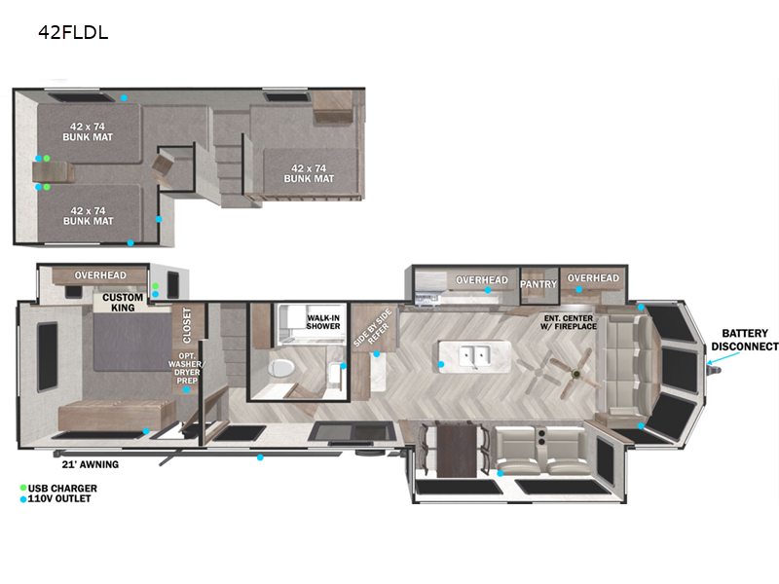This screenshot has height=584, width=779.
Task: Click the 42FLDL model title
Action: [x=73, y=32]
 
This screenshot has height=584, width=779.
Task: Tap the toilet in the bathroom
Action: [x=281, y=368]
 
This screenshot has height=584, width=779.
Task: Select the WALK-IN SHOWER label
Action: [x=323, y=322]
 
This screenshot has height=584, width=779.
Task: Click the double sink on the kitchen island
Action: [x=474, y=355]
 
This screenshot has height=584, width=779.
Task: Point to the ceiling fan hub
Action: [x=576, y=374]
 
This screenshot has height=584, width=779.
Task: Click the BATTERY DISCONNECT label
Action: [x=745, y=340]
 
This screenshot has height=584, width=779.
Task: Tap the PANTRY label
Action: [x=538, y=284]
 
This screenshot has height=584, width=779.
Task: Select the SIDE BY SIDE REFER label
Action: [x=374, y=328]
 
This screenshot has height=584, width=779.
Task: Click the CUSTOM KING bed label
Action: [x=123, y=303]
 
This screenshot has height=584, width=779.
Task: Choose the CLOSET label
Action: [x=187, y=325]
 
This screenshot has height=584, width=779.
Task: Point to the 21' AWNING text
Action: [x=91, y=465]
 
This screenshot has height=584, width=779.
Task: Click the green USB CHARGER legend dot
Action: [x=23, y=488]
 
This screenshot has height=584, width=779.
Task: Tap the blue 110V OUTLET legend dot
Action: [x=23, y=499]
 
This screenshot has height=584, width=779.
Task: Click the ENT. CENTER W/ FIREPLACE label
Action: [x=569, y=322]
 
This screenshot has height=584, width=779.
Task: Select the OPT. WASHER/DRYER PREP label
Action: [x=186, y=369]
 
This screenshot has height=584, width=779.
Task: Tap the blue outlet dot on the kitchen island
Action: [x=441, y=364]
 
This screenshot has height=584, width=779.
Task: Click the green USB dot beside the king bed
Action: [x=156, y=286]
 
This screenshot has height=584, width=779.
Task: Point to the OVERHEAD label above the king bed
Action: [x=100, y=275]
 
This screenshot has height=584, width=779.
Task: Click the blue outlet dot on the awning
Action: [x=260, y=457]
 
